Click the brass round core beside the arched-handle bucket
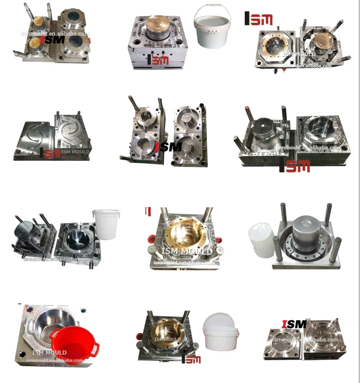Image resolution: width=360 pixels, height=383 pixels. click(x=158, y=23)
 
